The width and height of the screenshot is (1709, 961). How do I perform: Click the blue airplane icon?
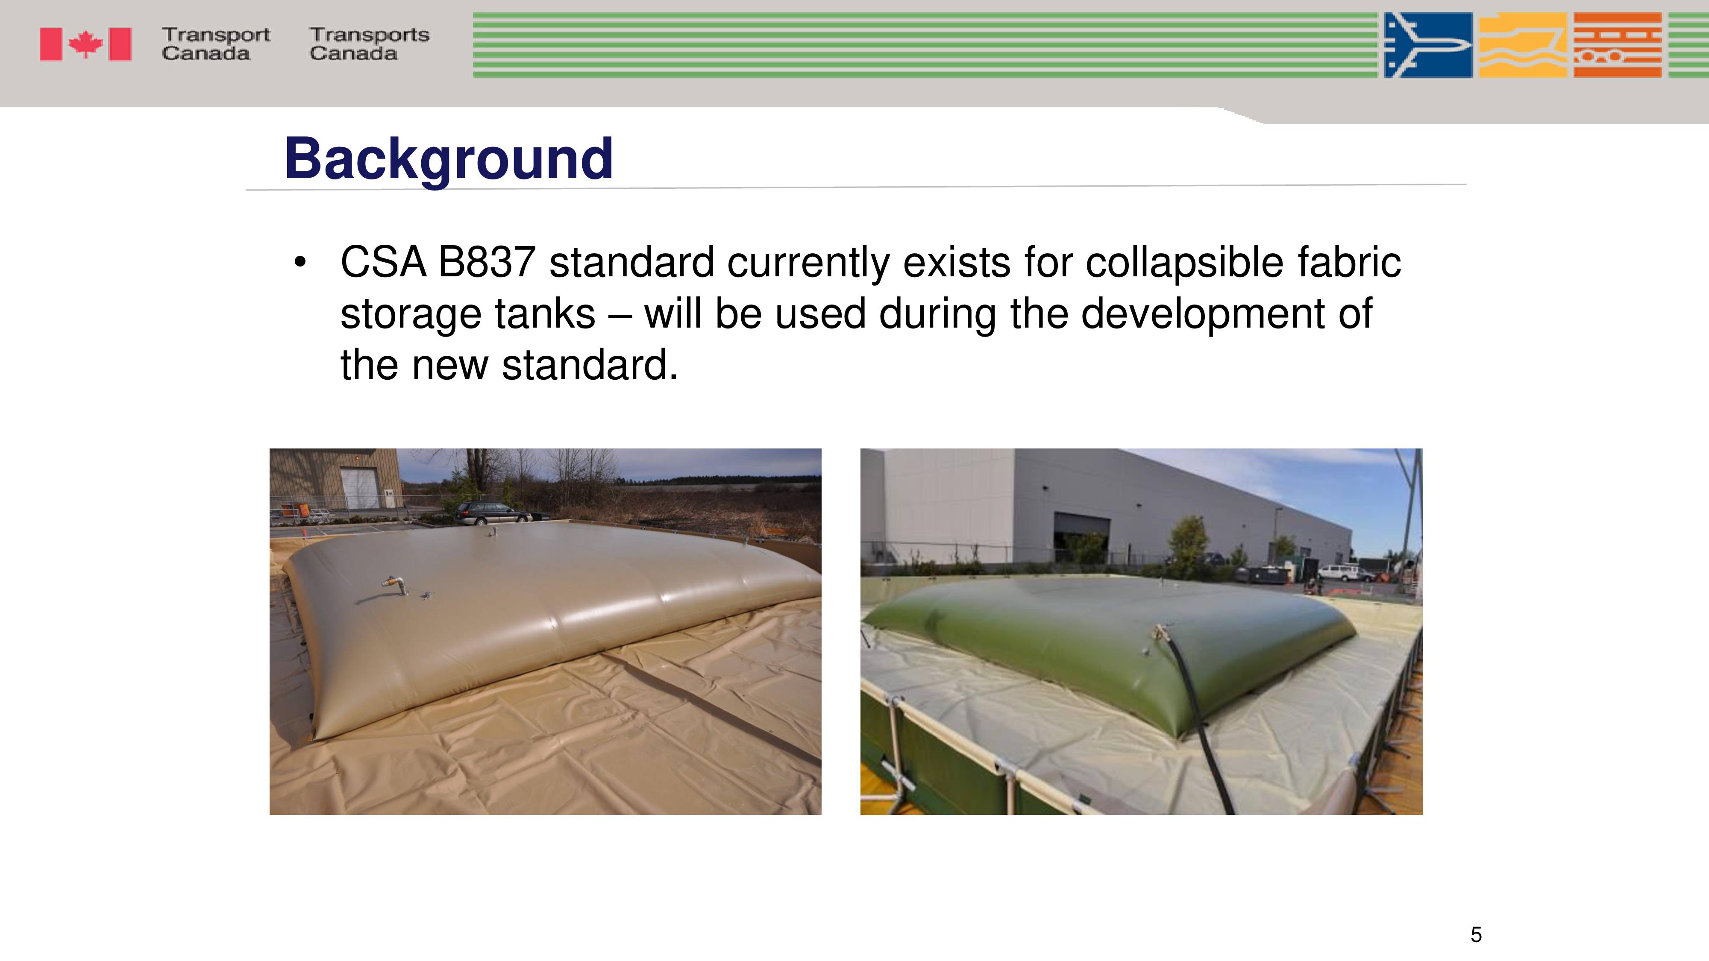1428,45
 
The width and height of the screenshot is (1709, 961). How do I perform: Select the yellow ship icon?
1523,45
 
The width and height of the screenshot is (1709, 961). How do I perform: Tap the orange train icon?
1618,45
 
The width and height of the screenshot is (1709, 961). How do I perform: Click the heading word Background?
449,160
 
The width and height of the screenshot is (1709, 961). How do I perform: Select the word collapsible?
1184,263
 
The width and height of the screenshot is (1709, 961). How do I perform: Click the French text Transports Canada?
369,44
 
